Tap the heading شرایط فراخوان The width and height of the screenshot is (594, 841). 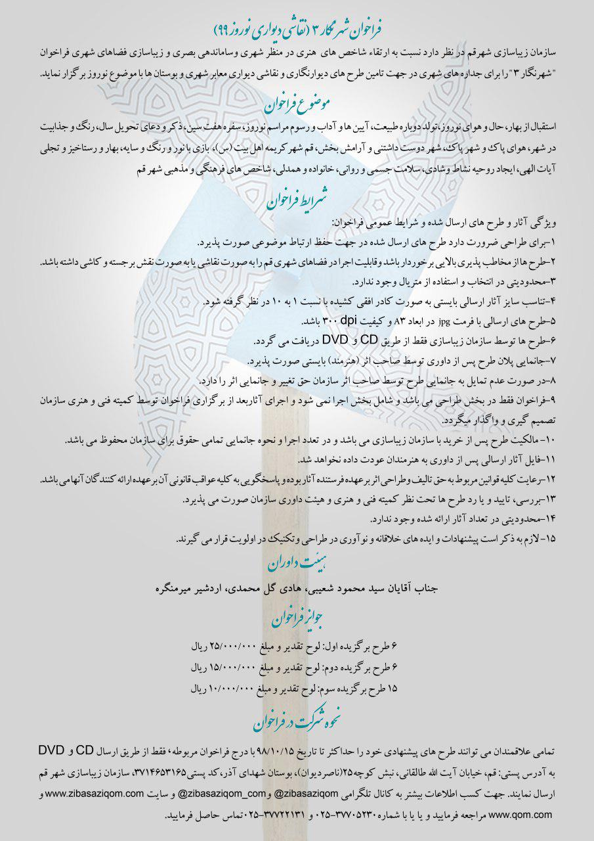pos(297,202)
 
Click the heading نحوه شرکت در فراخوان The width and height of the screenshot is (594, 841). pos(297,721)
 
